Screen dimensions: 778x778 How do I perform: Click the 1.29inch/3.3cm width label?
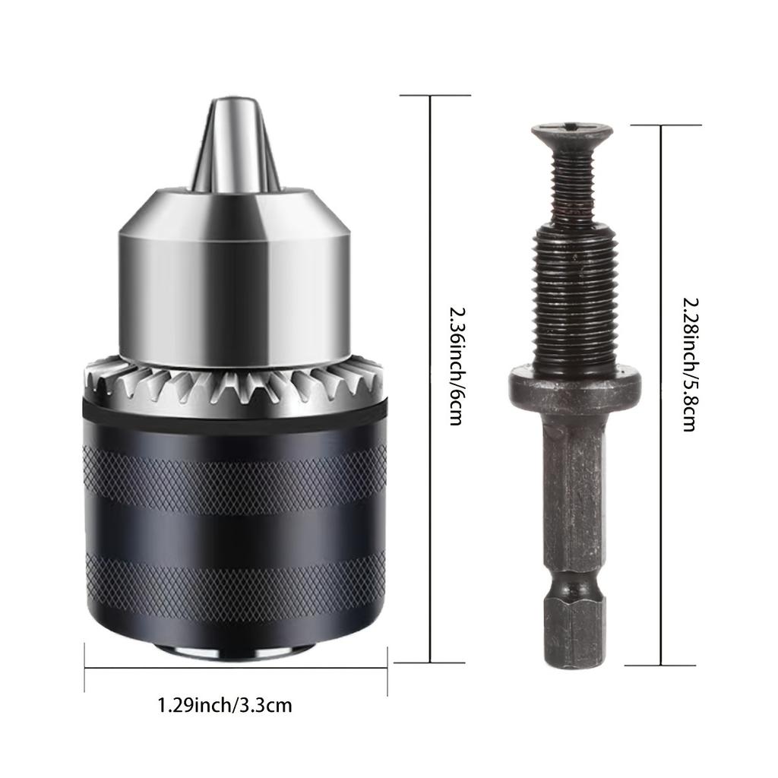(x=224, y=706)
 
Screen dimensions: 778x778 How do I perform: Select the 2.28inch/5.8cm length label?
(x=688, y=364)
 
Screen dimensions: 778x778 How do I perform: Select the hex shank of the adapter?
(x=574, y=494)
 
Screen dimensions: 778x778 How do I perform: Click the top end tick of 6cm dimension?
(x=435, y=96)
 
